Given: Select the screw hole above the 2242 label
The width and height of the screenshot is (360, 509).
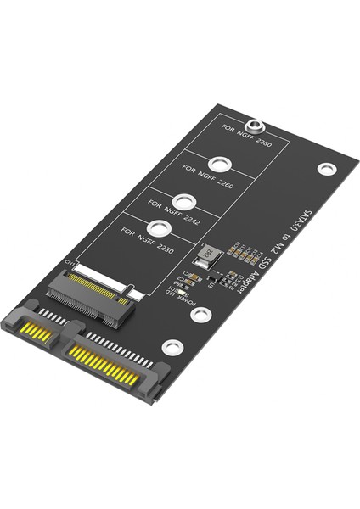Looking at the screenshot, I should click(189, 203).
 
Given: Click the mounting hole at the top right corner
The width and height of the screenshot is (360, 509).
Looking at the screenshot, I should click(327, 169).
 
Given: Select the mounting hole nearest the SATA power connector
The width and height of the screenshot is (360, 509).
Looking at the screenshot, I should click(172, 346).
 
